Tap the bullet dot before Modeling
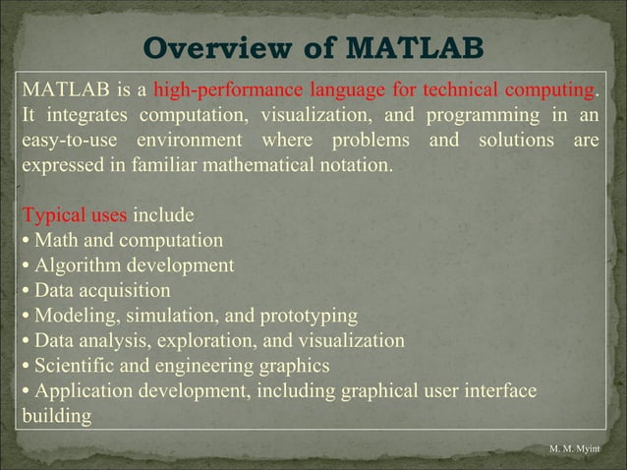click(25, 317)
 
